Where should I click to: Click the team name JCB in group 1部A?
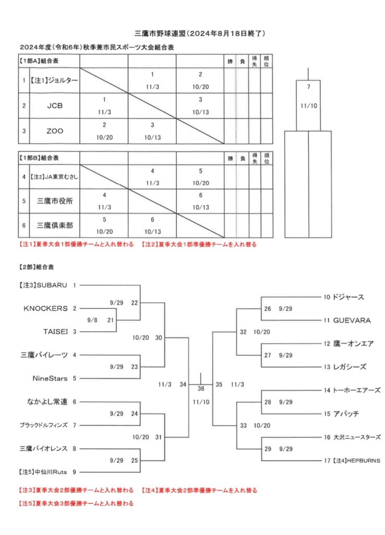55,106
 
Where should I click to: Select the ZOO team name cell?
55,131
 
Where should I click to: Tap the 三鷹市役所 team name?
55,201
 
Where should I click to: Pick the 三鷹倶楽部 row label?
55,226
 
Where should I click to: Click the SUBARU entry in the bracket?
52,285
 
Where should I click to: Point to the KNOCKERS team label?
46,308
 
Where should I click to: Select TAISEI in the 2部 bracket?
55,332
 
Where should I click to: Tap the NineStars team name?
50,378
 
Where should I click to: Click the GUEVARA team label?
352,320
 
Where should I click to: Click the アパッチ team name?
346,414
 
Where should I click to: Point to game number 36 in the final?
201,389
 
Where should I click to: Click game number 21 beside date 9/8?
111,320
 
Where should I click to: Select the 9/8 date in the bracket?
92,320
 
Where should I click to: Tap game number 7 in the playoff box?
309,87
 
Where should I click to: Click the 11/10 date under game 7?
309,106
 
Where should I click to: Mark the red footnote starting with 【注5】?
76,503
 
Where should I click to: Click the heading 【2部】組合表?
37,267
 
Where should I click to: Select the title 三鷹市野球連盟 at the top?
160,33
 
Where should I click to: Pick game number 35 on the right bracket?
219,385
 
